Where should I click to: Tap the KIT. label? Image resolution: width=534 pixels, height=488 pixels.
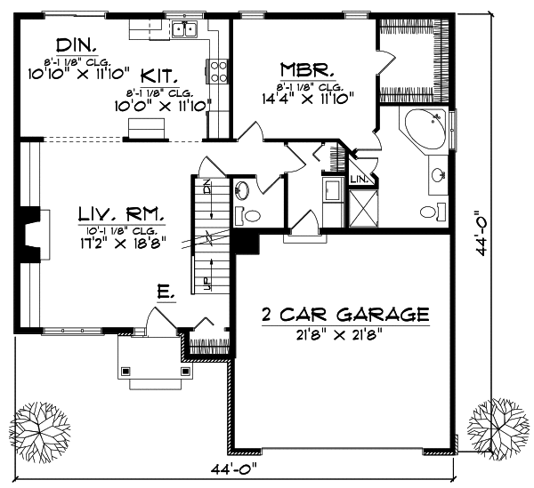[x=182, y=77]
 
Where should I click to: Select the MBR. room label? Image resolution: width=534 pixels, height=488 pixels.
[x=307, y=69]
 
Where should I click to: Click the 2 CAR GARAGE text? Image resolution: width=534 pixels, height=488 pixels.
[x=345, y=315]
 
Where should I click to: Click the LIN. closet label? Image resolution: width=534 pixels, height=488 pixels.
[x=359, y=180]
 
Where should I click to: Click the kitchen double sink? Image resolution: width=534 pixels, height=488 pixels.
[x=185, y=30]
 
